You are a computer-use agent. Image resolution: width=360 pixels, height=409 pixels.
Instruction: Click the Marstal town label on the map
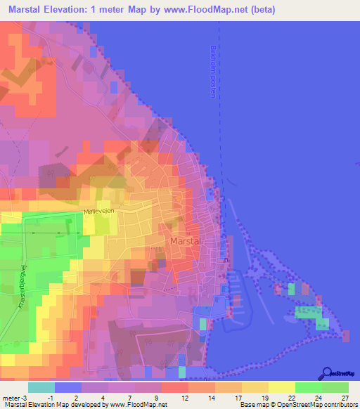[186, 241]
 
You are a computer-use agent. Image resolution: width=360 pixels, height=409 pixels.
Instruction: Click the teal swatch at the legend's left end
[41, 387]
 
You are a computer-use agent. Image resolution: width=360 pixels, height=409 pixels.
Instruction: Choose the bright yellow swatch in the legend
[281, 387]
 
